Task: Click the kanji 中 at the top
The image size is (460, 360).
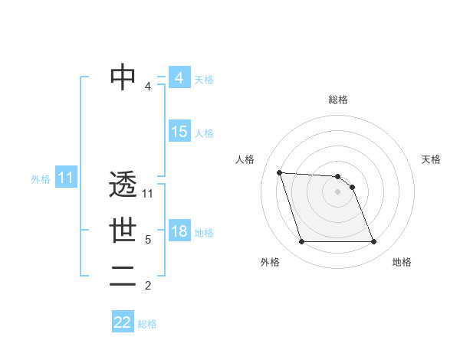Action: coord(123,77)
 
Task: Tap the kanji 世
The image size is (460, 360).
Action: coord(123,231)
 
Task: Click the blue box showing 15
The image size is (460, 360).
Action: coord(179,132)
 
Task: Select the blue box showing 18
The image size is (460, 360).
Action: coord(179,231)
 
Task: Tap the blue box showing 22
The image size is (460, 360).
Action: coord(123,322)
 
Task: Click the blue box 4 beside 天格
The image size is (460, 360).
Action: coord(179,78)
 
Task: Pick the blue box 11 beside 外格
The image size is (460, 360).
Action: coord(65,178)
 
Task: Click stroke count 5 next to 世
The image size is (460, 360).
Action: coord(148,240)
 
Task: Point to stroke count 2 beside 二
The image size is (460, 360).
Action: coord(148,286)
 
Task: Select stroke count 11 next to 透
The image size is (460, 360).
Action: coord(148,194)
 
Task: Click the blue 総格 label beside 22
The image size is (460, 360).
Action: coord(147,324)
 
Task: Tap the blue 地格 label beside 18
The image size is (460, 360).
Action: coord(204,233)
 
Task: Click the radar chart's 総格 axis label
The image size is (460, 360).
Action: coord(338,100)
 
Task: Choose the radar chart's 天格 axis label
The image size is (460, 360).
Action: coord(432,159)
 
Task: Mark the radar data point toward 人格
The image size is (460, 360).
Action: coord(279,172)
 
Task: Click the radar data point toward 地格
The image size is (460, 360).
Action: coord(374,242)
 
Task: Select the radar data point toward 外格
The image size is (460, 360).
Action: coord(301,242)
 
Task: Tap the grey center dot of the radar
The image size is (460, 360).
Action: coord(338,191)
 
